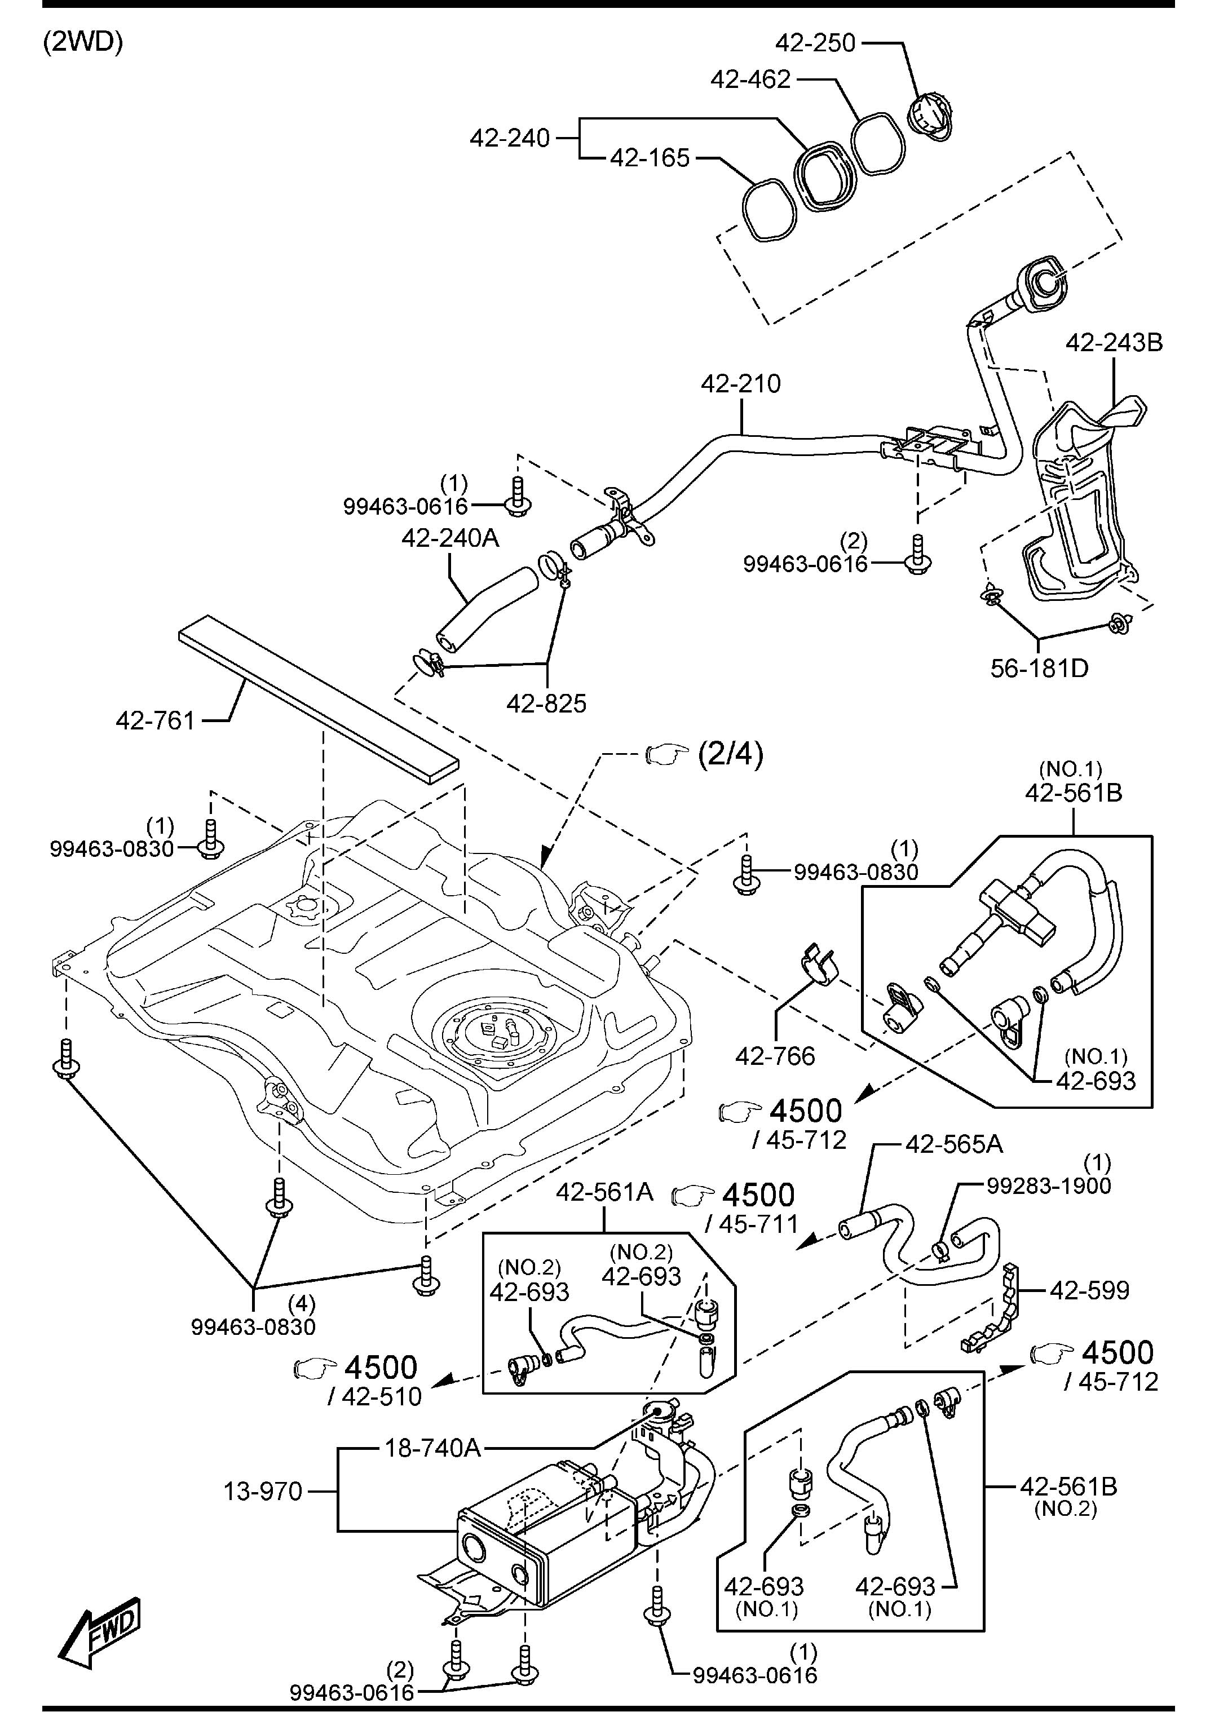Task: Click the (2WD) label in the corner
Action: [82, 42]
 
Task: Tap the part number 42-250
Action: [815, 43]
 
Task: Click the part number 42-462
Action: [750, 79]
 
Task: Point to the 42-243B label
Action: [1114, 343]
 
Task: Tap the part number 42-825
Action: [546, 704]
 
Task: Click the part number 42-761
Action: [156, 720]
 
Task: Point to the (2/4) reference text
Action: [731, 755]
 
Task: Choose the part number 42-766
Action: [775, 1056]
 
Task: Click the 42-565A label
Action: [954, 1144]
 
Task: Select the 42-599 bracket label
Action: [1089, 1290]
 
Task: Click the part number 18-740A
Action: [433, 1448]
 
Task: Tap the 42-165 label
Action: [650, 158]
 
